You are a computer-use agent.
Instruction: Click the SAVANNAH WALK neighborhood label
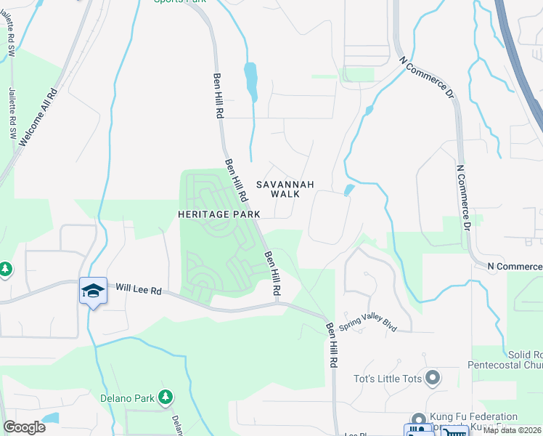284,189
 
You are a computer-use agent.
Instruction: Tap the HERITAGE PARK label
219,214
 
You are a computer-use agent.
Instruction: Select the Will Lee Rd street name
137,290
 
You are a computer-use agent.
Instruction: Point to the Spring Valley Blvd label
368,318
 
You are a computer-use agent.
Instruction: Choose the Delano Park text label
128,398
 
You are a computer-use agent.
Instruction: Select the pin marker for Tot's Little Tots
433,378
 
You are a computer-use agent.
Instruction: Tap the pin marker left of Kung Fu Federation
417,419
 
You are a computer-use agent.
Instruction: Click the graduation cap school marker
94,291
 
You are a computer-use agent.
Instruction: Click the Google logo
24,427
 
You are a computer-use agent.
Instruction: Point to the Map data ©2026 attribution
513,430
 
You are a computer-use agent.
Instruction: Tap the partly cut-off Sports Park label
179,2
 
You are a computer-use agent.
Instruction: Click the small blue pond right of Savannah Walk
348,190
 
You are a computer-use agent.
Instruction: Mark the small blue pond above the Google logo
50,418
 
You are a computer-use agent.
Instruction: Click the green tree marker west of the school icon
5,270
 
